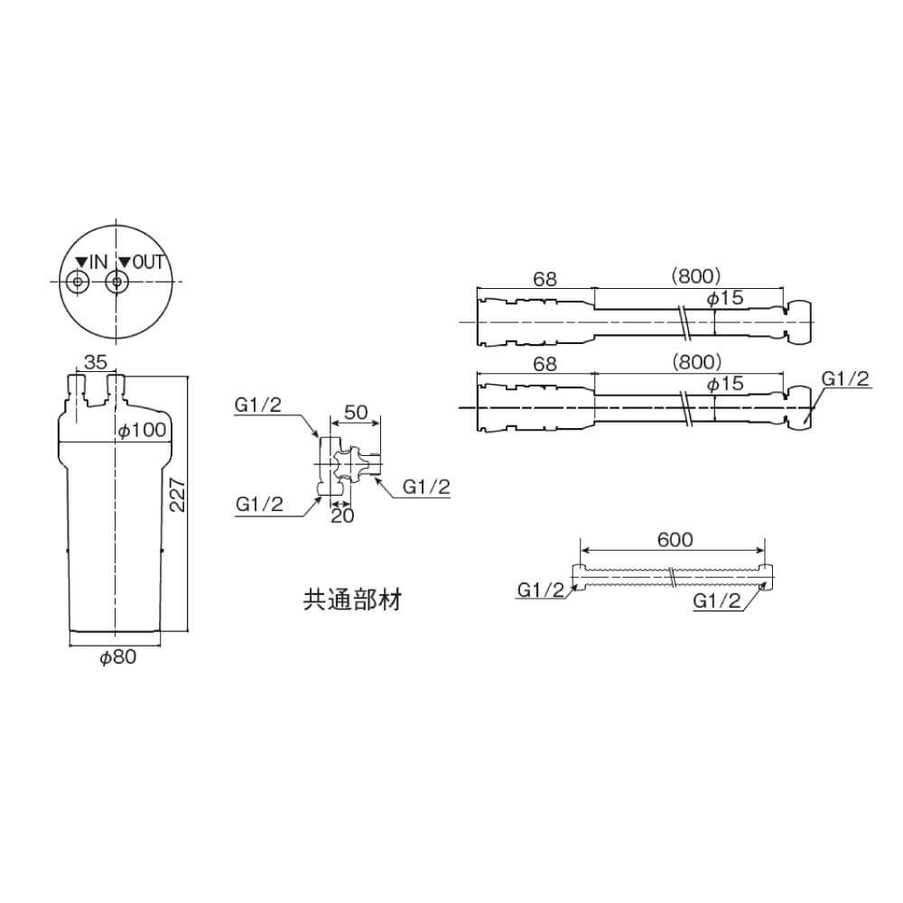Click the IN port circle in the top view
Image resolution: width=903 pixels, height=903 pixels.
point(78,283)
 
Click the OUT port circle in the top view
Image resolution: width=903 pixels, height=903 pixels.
point(115,283)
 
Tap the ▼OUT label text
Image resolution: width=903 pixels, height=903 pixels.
point(142,262)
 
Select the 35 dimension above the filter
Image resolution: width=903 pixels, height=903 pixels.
point(95,362)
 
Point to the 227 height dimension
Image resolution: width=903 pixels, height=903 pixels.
point(179,494)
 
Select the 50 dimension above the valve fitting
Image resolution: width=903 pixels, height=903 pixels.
point(356,412)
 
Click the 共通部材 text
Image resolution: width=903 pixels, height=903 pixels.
point(351,599)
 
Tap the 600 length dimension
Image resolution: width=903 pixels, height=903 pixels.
point(675,539)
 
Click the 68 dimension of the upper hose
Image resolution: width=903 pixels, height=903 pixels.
point(545,279)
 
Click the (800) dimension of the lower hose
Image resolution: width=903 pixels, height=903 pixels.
point(696,361)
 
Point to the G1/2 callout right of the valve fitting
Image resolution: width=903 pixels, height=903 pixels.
point(425,487)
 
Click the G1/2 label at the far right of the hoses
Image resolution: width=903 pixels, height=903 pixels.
point(846,379)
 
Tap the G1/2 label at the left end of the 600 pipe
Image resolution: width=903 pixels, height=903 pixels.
point(541,591)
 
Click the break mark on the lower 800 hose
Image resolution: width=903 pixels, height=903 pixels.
point(688,408)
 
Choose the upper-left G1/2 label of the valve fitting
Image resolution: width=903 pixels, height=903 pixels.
point(258,405)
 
